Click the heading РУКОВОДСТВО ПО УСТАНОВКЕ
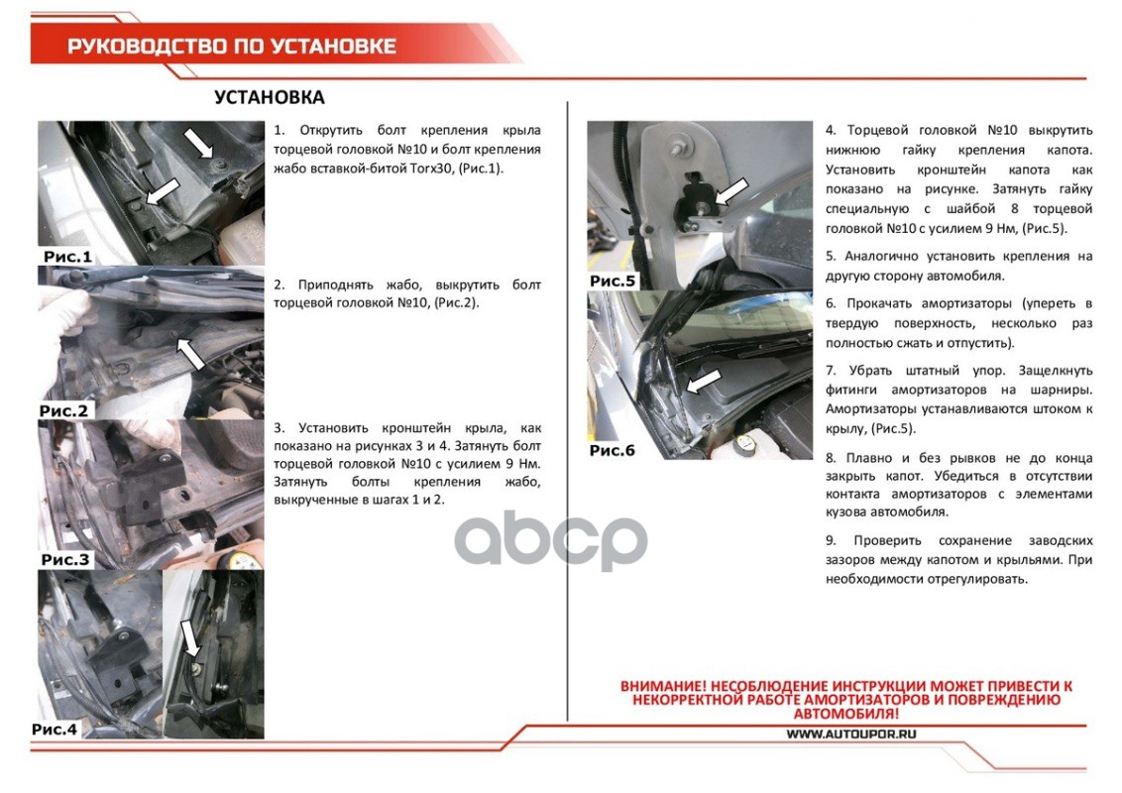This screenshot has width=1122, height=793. tap(232, 47)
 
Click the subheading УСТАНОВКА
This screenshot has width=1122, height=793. tap(269, 97)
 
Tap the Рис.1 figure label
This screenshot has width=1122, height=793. tap(67, 256)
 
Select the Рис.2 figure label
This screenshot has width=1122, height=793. tap(63, 410)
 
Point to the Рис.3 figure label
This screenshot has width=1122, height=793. tap(65, 560)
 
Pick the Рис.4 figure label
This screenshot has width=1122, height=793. tap(55, 730)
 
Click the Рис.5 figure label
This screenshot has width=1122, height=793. tap(613, 281)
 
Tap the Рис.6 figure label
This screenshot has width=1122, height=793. tap(612, 450)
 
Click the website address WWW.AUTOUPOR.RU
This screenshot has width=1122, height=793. tap(851, 734)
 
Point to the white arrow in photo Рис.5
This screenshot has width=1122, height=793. tap(731, 192)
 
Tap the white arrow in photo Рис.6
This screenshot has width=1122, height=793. tap(703, 382)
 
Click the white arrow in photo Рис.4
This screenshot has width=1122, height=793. tap(191, 638)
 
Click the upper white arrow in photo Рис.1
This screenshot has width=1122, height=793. tap(199, 143)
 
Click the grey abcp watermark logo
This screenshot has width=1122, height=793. tap(551, 540)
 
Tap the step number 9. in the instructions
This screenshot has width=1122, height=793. tap(831, 540)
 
